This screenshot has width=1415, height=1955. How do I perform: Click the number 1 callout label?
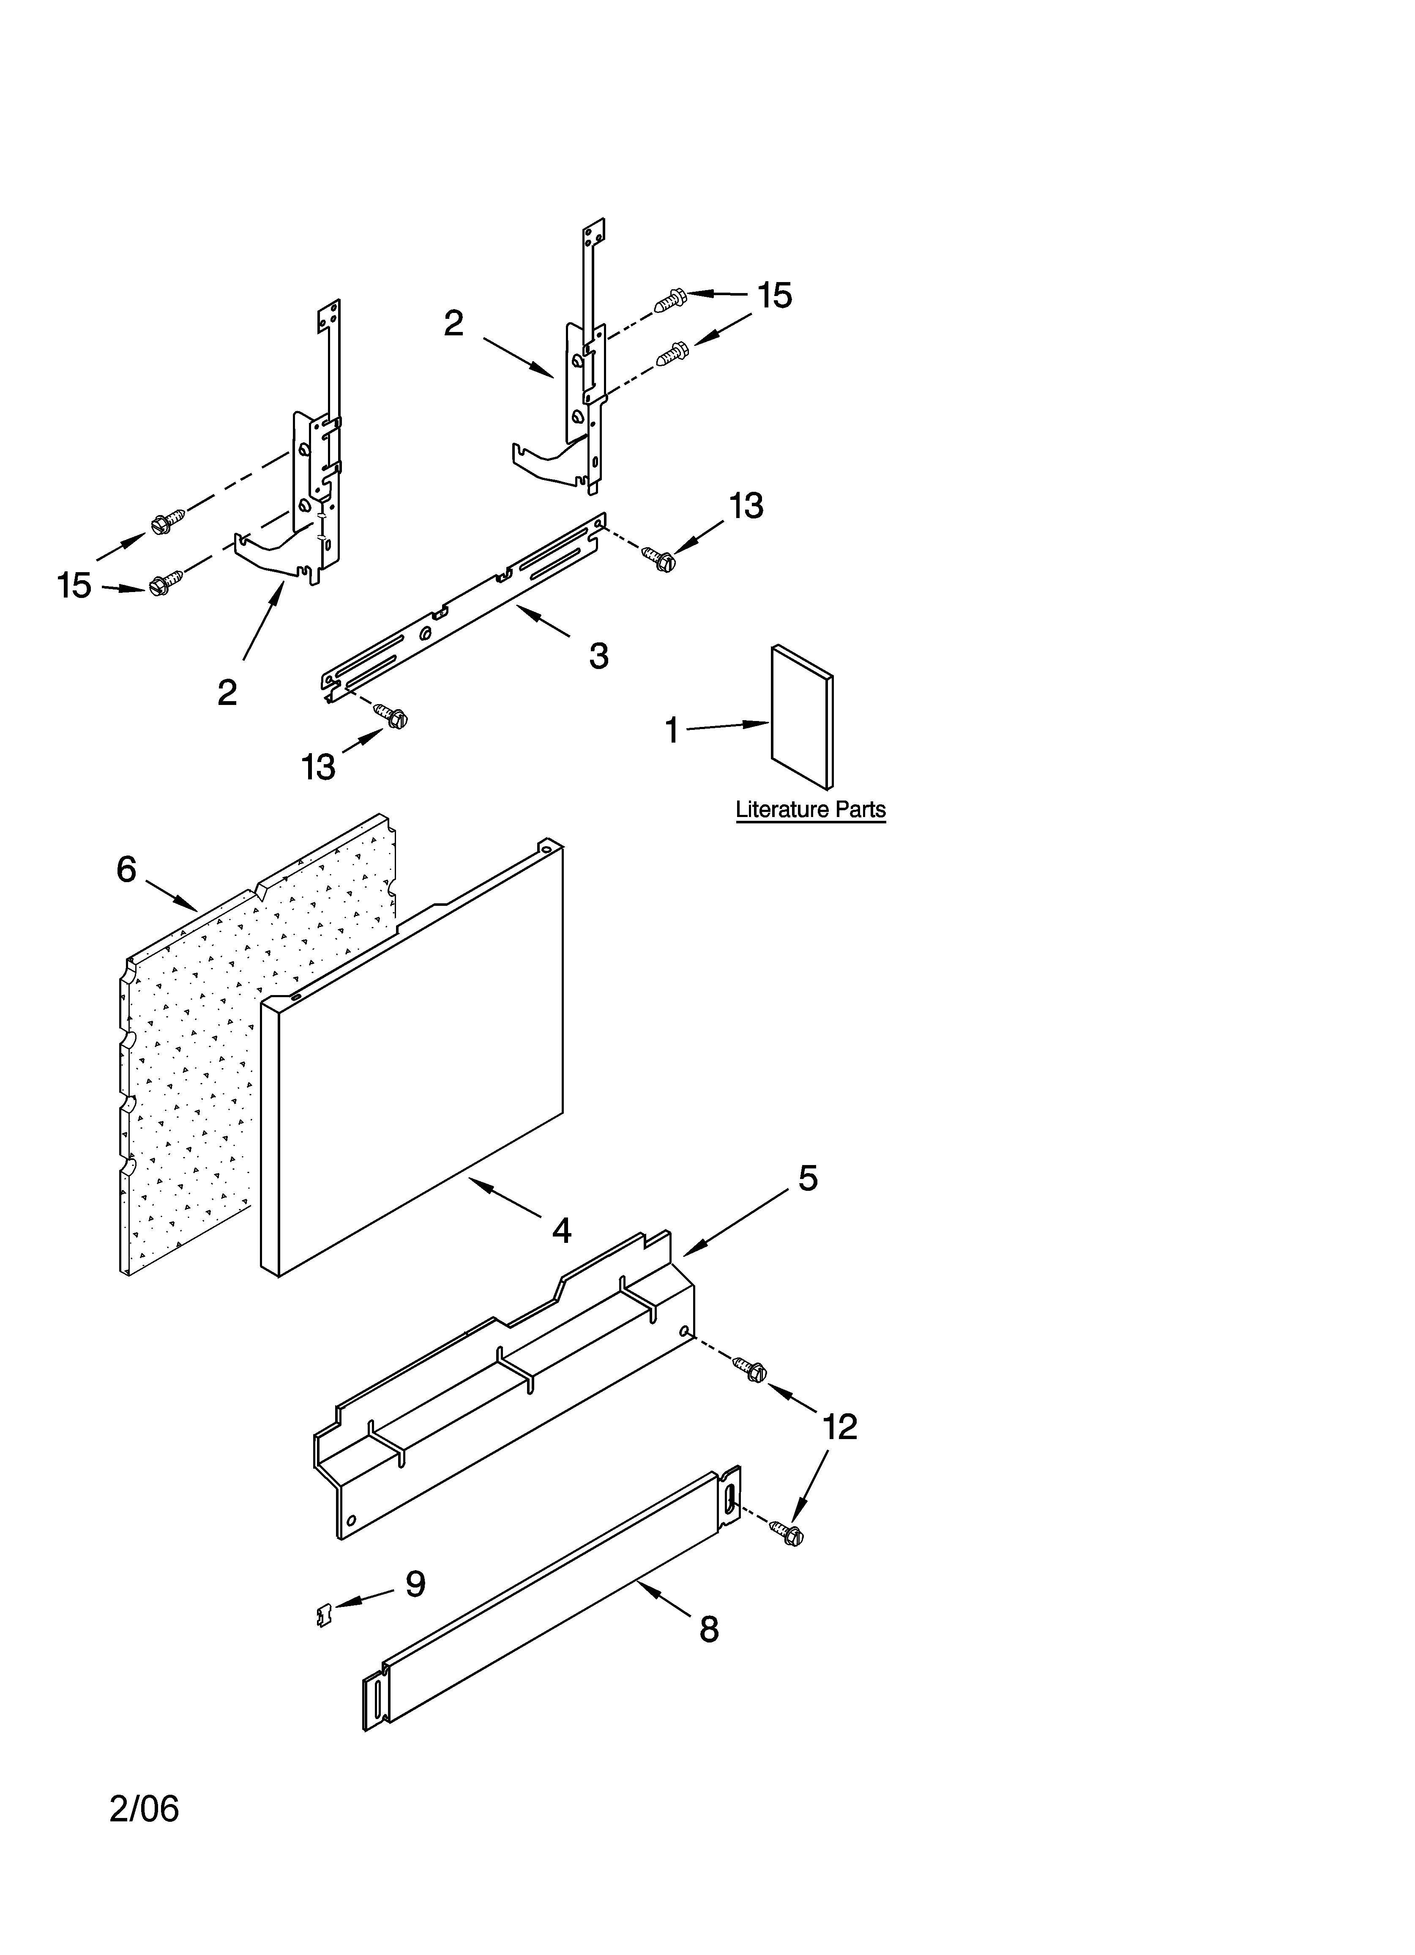click(x=671, y=731)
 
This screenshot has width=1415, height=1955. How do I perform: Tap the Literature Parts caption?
click(x=810, y=810)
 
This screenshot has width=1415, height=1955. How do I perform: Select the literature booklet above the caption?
click(x=801, y=717)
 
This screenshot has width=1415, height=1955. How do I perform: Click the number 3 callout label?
click(x=599, y=656)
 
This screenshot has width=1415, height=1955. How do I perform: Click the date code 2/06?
click(x=144, y=1808)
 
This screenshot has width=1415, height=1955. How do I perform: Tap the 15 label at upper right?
click(x=774, y=296)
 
